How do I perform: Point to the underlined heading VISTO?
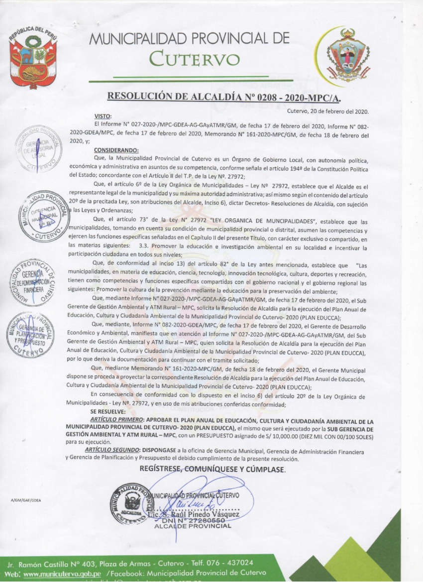pos(102,116)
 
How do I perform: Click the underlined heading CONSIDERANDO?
pos(116,150)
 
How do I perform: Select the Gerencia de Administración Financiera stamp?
pos(34,282)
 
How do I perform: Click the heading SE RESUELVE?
pos(108,412)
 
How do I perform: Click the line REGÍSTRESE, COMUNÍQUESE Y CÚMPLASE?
pos(212,469)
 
